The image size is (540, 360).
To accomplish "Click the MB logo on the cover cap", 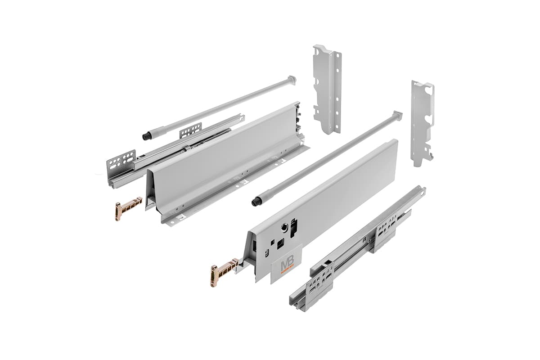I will click(287, 265).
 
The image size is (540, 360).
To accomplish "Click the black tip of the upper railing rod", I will click(146, 136).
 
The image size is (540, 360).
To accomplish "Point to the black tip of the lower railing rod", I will click(256, 202).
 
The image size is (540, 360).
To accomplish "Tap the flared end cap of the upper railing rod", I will click(292, 80).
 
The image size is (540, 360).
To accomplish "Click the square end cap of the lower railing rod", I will click(397, 115).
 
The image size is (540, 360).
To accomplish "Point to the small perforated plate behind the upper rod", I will click(190, 130).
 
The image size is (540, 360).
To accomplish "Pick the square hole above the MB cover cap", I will click(280, 243).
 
